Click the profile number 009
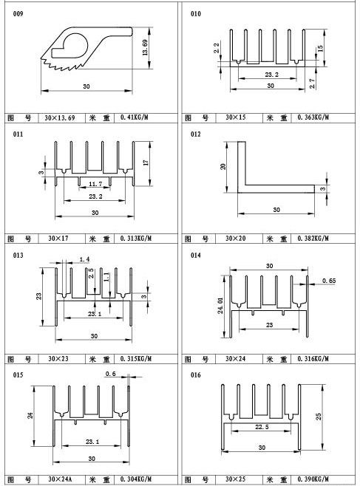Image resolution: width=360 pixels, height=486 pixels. click(18, 14)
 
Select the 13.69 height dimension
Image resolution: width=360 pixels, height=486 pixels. click(145, 47)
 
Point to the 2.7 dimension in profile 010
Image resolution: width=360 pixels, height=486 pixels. click(312, 83)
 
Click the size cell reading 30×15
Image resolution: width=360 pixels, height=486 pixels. click(236, 117)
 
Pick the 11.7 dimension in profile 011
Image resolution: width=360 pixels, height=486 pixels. click(95, 184)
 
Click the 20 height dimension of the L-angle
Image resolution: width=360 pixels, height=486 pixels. click(223, 166)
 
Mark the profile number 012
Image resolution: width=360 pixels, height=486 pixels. click(196, 134)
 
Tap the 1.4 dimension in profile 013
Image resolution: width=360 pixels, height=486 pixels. click(84, 259)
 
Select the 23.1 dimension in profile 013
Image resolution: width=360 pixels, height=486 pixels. click(95, 314)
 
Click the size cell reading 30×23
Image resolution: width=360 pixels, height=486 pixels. click(58, 359)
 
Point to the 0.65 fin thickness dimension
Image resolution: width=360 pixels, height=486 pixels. click(329, 281)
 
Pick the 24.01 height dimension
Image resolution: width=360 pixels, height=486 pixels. click(220, 306)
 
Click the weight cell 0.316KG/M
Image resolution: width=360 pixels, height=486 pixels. click(313, 359)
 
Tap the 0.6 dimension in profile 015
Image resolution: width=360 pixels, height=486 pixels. click(110, 374)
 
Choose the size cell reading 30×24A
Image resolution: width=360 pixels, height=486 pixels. click(60, 479)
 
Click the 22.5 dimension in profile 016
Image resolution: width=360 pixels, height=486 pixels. click(262, 427)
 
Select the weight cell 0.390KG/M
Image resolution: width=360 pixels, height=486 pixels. click(313, 479)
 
